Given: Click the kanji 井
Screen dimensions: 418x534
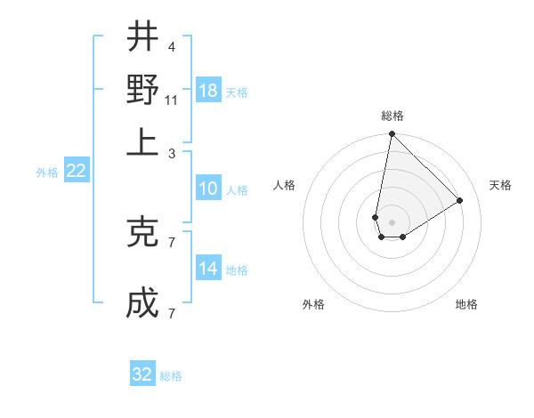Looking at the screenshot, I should coord(142,37).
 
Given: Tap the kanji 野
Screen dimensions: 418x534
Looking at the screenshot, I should coord(142,90).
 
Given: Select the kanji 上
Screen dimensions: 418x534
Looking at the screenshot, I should coord(142,142).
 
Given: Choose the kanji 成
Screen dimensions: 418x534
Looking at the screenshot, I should coord(142,303).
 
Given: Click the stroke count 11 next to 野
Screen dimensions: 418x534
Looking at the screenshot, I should coord(171,100).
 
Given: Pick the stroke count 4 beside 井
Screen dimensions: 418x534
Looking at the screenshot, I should coord(171,46).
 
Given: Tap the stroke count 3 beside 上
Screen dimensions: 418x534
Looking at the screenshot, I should coord(171,153).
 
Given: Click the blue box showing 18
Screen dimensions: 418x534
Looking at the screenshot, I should coord(208,90).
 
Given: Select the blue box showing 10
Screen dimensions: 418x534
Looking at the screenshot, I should coord(208,189).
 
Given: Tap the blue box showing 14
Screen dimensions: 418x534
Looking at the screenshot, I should coord(208,269).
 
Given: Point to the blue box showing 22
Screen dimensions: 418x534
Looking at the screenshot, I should coord(77,172).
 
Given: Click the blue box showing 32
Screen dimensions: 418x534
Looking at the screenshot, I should coord(142,374).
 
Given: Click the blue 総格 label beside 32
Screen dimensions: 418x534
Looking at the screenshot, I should coord(172,376).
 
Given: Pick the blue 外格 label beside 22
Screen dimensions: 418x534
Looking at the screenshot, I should coord(47,173).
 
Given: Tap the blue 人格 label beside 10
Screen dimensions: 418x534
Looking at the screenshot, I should coord(237,189).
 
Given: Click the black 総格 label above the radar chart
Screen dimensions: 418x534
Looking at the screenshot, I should coord(392,116).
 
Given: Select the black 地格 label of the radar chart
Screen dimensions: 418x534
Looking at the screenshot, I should coord(466,304).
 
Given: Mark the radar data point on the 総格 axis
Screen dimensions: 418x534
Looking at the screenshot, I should coord(392,134).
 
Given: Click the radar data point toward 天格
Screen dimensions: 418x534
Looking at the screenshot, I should coord(460,200).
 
